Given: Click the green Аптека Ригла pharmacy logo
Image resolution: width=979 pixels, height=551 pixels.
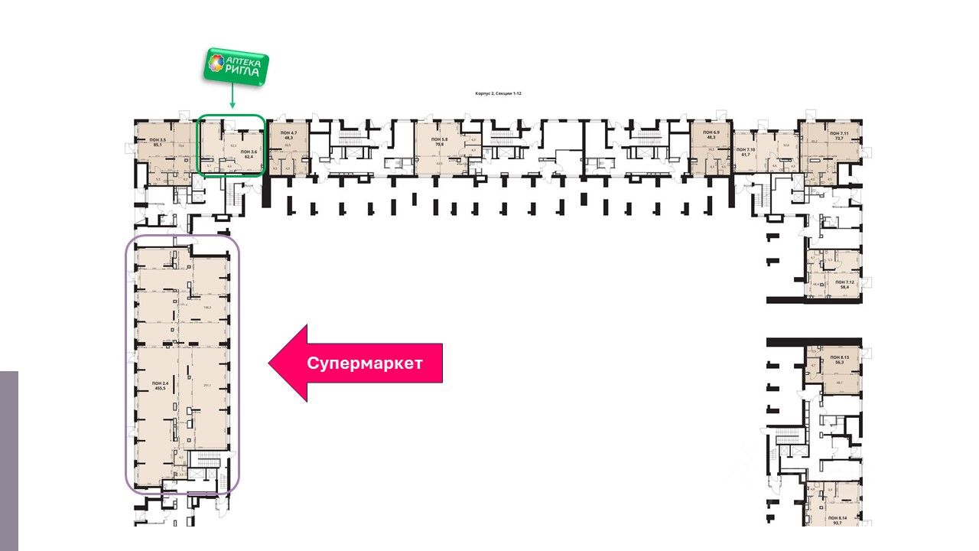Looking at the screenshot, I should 235,66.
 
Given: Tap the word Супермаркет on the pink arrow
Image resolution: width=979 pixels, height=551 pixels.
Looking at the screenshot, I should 364,364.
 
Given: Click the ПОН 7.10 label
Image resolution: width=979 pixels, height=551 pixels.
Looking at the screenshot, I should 746,150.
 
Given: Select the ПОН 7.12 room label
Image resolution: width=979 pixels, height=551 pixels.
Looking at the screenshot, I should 845,282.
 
